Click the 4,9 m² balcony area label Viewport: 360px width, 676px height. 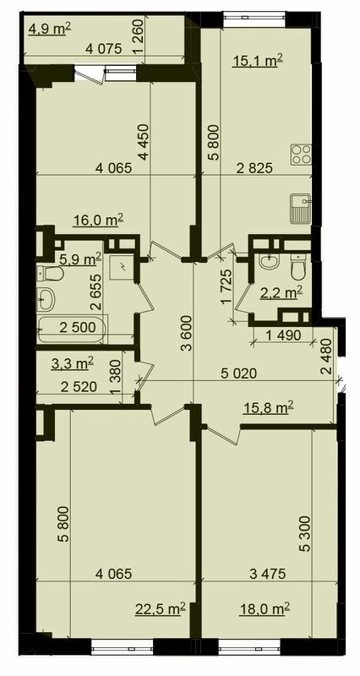[50, 29]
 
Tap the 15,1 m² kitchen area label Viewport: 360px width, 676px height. [257, 59]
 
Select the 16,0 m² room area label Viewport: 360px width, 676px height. [98, 220]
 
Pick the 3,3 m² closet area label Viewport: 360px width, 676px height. [69, 365]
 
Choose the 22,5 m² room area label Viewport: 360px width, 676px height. [161, 607]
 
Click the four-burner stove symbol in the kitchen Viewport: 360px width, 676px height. [301, 155]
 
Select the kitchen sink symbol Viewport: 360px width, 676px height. [300, 207]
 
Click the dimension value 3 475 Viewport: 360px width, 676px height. [267, 575]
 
